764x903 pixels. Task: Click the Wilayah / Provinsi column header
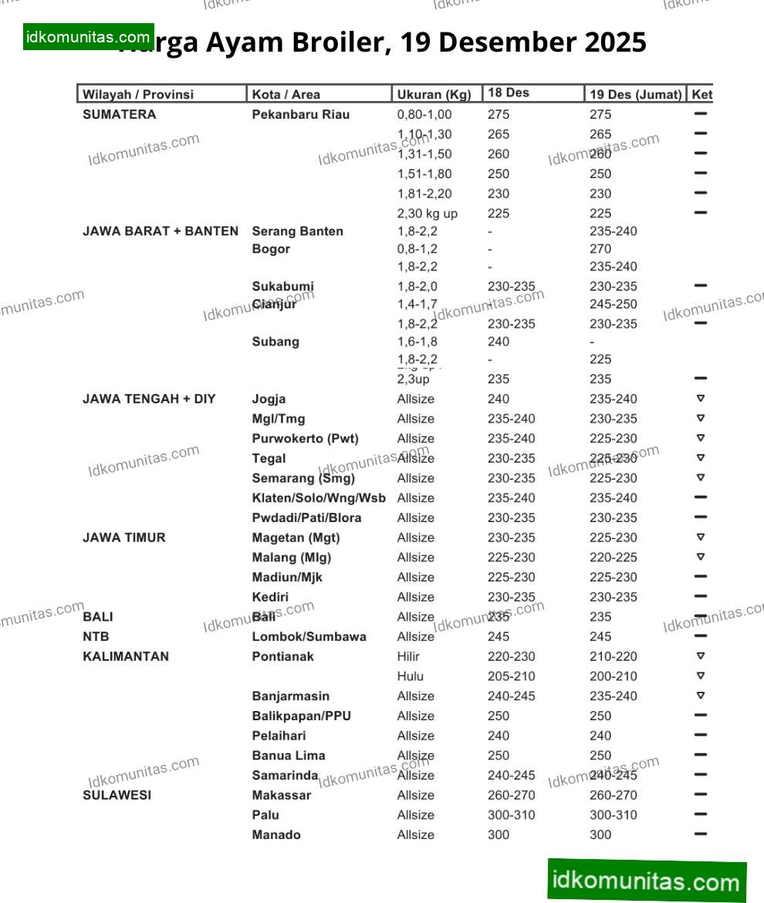138,95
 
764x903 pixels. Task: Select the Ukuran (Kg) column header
434,95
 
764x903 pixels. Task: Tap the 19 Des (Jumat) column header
635,95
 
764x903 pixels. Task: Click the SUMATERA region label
119,114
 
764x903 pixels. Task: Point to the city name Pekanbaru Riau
300,114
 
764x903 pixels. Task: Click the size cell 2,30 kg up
427,214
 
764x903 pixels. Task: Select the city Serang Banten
297,231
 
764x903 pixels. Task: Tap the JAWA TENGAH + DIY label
149,399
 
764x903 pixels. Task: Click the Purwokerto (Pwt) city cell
305,439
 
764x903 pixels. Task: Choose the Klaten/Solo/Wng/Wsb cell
318,498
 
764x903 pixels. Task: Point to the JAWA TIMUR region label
123,537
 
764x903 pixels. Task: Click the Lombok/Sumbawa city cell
309,637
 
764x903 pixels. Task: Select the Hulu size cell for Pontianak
410,676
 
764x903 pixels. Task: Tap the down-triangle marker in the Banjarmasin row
701,696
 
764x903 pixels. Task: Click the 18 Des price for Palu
511,815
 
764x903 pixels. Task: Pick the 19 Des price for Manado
600,834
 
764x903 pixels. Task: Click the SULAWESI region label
117,795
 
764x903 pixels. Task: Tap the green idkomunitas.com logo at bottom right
647,881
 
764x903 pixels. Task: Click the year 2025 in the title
615,42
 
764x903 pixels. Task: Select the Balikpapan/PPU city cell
301,716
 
